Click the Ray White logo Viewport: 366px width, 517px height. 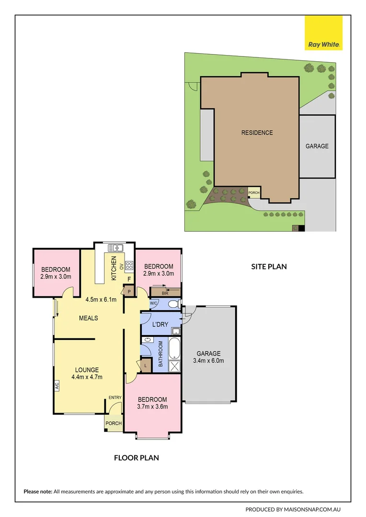[x=324, y=33]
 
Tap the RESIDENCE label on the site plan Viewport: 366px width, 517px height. [x=257, y=133]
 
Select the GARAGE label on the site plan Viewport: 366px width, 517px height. [x=317, y=146]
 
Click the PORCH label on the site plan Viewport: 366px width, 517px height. [x=254, y=193]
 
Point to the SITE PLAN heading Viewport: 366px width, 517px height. [x=269, y=267]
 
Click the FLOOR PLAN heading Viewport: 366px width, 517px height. [x=136, y=458]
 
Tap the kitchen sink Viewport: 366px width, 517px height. [x=115, y=248]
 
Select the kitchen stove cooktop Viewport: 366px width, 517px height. [x=129, y=265]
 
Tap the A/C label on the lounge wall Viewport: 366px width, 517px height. [x=57, y=386]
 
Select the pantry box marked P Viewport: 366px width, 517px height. [x=129, y=291]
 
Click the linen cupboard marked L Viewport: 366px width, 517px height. [x=145, y=366]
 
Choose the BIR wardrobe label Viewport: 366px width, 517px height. [x=165, y=292]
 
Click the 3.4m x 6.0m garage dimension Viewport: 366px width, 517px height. [x=208, y=361]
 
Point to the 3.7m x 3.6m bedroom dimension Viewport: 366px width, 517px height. [x=152, y=407]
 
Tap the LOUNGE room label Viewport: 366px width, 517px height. [x=87, y=370]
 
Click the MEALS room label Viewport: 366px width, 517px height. [x=89, y=318]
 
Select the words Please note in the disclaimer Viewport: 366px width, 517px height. [x=38, y=491]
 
